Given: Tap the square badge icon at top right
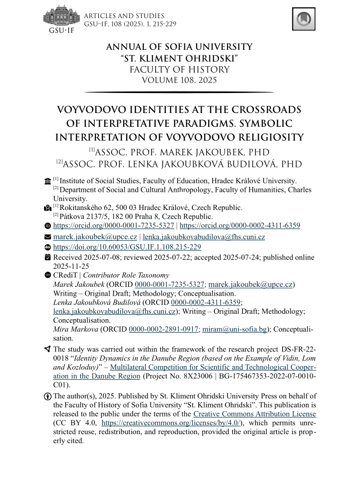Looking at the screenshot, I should click(303, 19).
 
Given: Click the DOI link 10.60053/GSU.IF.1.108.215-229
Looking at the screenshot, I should click(127, 247).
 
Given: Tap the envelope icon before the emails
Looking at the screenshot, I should click(47, 237).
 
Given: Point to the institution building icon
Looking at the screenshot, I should click(47, 181).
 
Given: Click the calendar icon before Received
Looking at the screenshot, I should click(47, 257).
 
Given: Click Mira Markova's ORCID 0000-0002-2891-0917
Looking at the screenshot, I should click(163, 329).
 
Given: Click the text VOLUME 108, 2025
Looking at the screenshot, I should click(179, 80).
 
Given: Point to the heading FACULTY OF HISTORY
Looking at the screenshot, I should click(179, 69).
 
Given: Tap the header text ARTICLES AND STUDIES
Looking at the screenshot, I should click(124, 16).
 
